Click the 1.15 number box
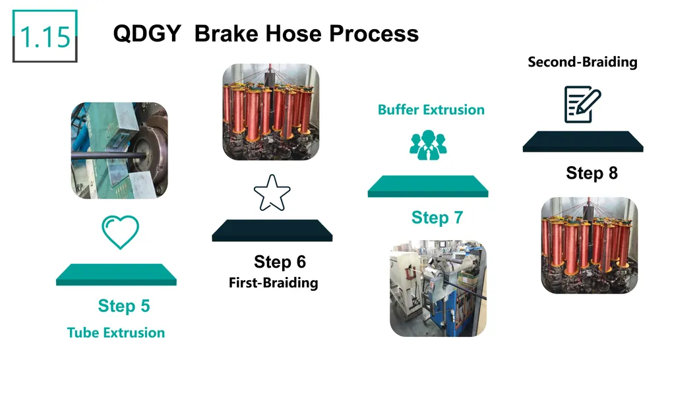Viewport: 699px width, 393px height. pyautogui.click(x=45, y=36)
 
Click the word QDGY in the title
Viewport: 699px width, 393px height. pyautogui.click(x=147, y=34)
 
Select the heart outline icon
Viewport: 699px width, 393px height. pyautogui.click(x=121, y=232)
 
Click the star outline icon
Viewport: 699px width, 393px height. pyautogui.click(x=272, y=193)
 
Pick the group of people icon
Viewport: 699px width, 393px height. pyautogui.click(x=428, y=145)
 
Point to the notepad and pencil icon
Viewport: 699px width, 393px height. pyautogui.click(x=583, y=105)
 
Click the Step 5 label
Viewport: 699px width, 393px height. pyautogui.click(x=124, y=306)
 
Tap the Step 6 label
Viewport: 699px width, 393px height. pyautogui.click(x=280, y=262)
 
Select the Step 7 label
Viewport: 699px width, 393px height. pyautogui.click(x=437, y=218)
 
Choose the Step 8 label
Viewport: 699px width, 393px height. pyautogui.click(x=592, y=173)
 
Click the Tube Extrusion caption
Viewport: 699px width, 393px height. pyautogui.click(x=116, y=332)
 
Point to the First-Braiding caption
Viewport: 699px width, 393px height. pyautogui.click(x=273, y=282)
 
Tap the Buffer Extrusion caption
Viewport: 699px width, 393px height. pyautogui.click(x=431, y=109)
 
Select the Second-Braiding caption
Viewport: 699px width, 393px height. pyautogui.click(x=583, y=62)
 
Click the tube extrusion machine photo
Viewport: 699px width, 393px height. pyautogui.click(x=119, y=150)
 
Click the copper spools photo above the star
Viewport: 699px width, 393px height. pyautogui.click(x=271, y=112)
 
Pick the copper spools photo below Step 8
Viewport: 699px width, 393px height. pyautogui.click(x=590, y=245)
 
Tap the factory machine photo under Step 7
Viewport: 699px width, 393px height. pyautogui.click(x=439, y=288)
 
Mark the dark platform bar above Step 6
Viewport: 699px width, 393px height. pyautogui.click(x=272, y=230)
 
